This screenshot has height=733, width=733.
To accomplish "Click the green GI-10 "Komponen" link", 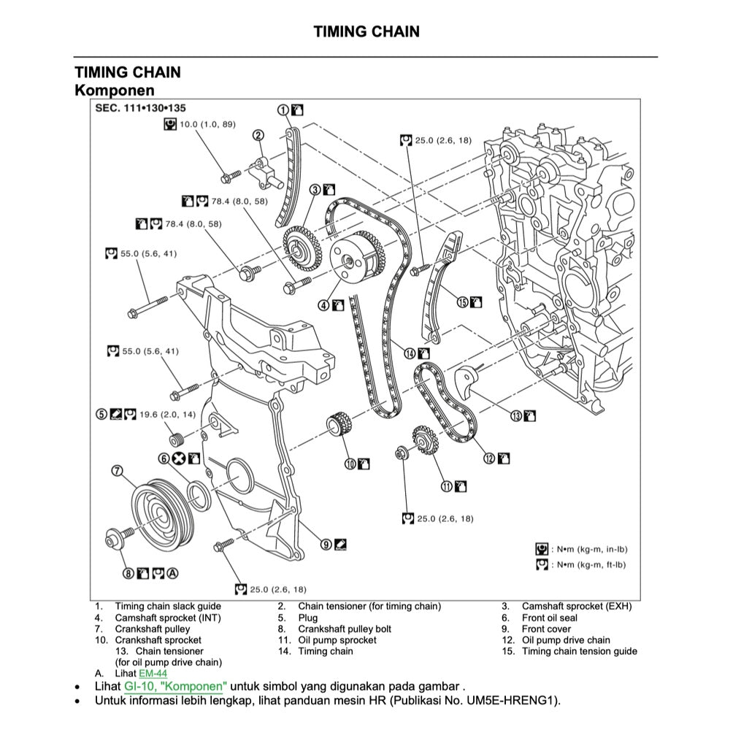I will coord(175,686).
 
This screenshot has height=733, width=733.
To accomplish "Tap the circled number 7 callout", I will coord(117,470).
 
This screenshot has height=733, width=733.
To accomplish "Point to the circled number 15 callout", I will coord(462,302).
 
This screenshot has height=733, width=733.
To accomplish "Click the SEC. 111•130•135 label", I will coord(131,108).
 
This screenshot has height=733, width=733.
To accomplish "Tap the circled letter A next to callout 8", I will coord(172,573).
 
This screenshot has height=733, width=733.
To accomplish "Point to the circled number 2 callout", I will coord(258,134).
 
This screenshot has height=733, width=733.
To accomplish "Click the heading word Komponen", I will coord(115,90).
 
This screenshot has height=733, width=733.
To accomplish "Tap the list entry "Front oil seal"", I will coord(549,618).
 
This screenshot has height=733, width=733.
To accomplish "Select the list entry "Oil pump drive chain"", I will coord(565,640).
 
